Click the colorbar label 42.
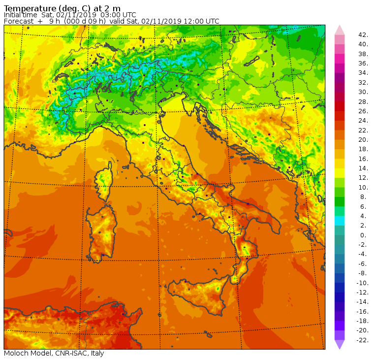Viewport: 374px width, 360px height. click(364, 35)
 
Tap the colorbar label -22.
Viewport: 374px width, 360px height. click(363, 340)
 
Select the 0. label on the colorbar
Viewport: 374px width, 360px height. click(363, 235)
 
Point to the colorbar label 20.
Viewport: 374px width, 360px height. click(363, 140)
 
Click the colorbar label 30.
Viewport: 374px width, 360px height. click(363, 92)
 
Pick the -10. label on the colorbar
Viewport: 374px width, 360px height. click(363, 283)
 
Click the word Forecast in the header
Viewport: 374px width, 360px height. click(19, 21)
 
